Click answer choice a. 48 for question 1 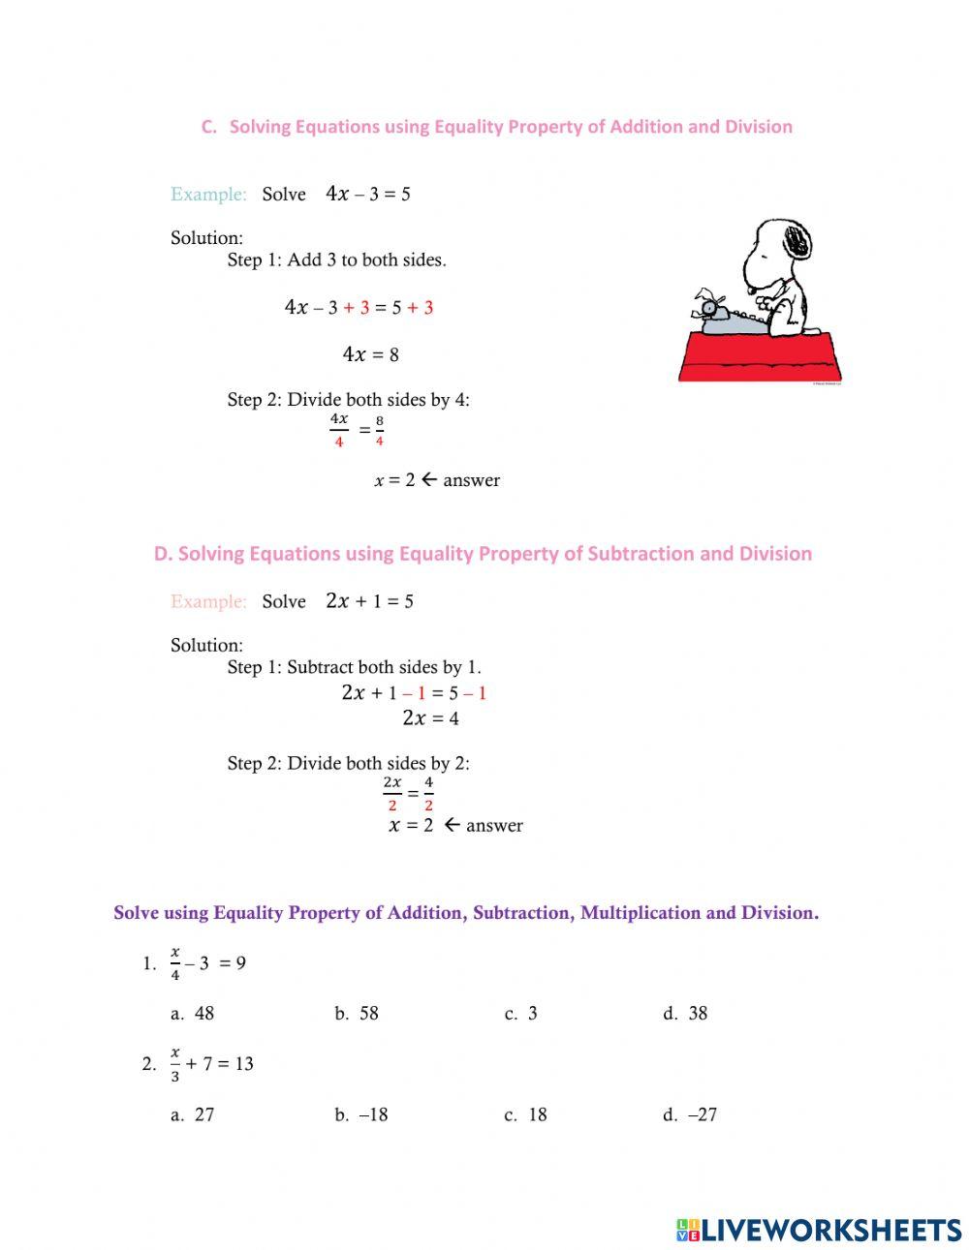(193, 1014)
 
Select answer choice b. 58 (357, 1014)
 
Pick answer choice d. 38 (686, 1014)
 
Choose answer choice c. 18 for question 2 (526, 1114)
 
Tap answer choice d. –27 (690, 1114)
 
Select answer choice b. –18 (361, 1114)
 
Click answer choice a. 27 (193, 1114)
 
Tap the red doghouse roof (760, 357)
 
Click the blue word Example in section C (208, 194)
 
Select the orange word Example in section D (208, 601)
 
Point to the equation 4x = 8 (370, 354)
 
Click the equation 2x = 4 (430, 717)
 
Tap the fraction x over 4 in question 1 (175, 963)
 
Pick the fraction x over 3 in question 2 (175, 1064)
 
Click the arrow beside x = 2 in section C (429, 479)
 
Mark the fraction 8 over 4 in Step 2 (379, 431)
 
